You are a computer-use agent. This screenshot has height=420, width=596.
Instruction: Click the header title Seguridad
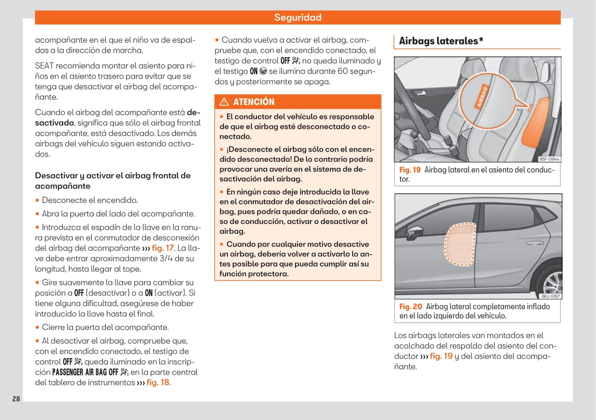coord(297,17)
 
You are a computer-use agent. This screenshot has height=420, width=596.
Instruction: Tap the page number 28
coord(16,399)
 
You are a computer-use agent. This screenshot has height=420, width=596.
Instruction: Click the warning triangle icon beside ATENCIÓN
coord(224,102)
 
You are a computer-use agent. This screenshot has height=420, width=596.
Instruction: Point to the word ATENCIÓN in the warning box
coord(254,102)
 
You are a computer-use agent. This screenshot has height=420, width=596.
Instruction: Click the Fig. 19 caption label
coord(409,170)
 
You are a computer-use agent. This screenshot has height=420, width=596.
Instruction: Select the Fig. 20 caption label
coord(410,307)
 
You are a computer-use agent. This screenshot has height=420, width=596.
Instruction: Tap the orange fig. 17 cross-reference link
coord(163,248)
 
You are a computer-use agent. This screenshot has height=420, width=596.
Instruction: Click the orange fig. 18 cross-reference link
coord(158,383)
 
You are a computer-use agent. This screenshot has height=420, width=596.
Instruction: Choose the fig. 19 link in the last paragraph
coord(441,356)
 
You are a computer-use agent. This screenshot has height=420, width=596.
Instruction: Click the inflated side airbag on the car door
coord(459,245)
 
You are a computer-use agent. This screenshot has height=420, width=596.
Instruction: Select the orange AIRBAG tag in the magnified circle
coord(482,96)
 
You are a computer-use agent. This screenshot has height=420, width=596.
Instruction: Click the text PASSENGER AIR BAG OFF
coord(85,372)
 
